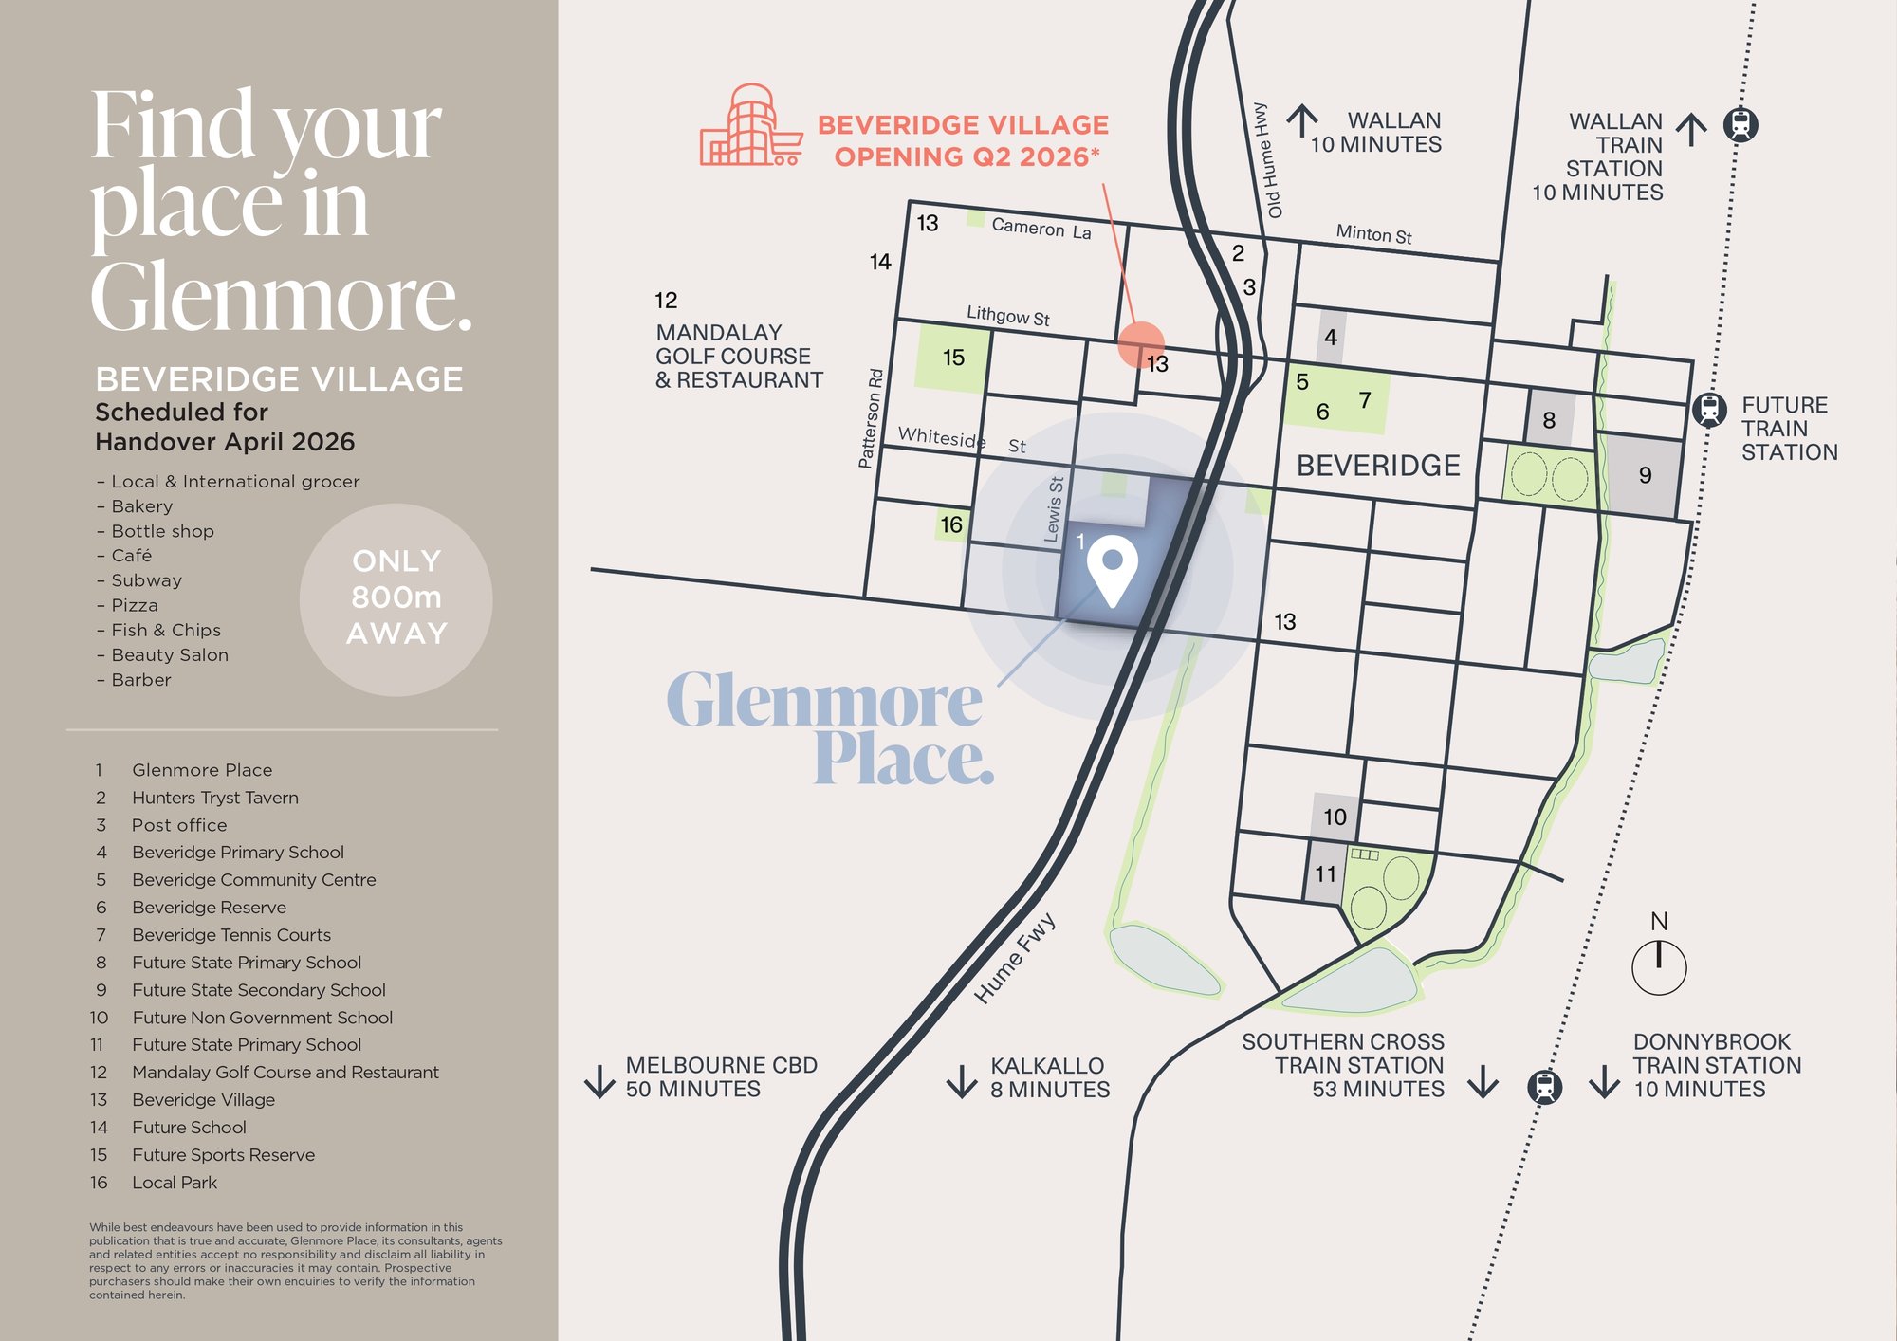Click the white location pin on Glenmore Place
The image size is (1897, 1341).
click(x=1112, y=566)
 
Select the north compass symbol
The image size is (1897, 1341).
click(x=1658, y=965)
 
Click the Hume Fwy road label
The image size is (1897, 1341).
click(x=1015, y=958)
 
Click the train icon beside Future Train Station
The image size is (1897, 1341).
click(x=1709, y=410)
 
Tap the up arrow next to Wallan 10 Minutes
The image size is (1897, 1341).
click(x=1302, y=121)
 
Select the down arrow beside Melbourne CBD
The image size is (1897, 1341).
click(x=599, y=1080)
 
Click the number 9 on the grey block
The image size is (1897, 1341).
click(x=1645, y=475)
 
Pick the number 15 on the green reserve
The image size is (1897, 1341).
click(x=953, y=358)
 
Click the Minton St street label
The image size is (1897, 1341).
click(x=1373, y=233)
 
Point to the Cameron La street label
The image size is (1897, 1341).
click(x=1041, y=228)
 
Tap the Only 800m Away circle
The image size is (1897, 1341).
click(x=396, y=598)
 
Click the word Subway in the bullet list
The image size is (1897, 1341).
click(x=146, y=580)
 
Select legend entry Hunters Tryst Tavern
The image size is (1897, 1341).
click(x=214, y=798)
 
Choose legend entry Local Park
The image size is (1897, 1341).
click(x=175, y=1183)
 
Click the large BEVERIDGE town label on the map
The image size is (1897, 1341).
click(x=1377, y=466)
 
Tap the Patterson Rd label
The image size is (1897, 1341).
click(x=870, y=418)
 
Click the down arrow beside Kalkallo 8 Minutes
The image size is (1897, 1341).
click(x=962, y=1080)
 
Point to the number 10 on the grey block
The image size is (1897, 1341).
click(x=1335, y=817)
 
